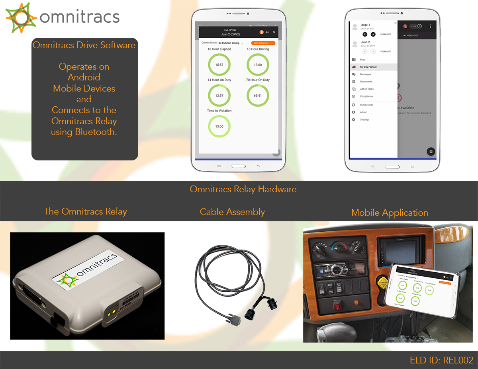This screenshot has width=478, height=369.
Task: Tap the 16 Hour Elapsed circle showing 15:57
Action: point(219,64)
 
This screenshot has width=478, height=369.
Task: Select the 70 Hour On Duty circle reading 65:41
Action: point(258,96)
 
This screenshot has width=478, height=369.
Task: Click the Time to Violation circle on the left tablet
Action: point(219,126)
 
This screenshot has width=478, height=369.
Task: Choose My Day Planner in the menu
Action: point(368,67)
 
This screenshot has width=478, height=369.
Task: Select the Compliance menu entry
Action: point(366,96)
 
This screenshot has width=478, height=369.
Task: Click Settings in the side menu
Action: point(364,119)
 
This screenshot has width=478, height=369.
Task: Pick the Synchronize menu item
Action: point(366,105)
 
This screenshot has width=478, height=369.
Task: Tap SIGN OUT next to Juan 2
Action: point(385,51)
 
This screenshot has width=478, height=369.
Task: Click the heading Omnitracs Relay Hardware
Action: point(243,189)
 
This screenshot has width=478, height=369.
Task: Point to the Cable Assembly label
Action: point(232,212)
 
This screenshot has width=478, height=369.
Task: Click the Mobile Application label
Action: point(390,213)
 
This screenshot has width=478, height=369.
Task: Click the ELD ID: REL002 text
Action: point(441,360)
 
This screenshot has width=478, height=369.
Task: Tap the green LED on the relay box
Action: point(109,314)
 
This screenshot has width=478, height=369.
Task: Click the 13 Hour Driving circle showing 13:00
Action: point(258,64)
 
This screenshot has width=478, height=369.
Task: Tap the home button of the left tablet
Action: point(238,166)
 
